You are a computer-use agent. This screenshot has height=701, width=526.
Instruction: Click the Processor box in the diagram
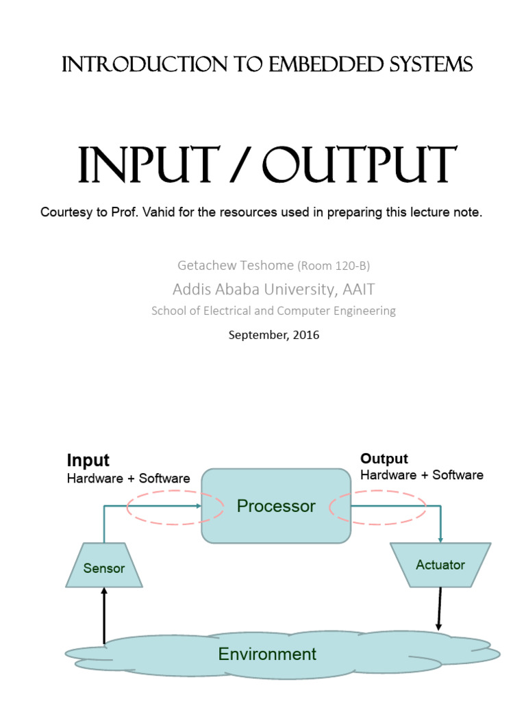pyautogui.click(x=275, y=506)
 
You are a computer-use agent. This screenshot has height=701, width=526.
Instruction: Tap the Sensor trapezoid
pyautogui.click(x=104, y=568)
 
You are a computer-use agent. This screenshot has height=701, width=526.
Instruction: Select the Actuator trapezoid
pyautogui.click(x=440, y=565)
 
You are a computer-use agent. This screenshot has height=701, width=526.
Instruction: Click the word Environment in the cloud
pyautogui.click(x=267, y=654)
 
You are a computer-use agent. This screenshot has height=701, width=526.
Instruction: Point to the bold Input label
pyautogui.click(x=88, y=460)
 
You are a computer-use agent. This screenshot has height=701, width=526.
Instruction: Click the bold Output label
pyautogui.click(x=384, y=459)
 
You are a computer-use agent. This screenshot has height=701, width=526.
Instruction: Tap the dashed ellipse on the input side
pyautogui.click(x=175, y=507)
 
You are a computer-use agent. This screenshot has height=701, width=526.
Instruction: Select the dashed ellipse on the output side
pyautogui.click(x=378, y=507)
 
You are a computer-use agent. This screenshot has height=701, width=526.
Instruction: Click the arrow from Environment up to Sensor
pyautogui.click(x=104, y=616)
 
